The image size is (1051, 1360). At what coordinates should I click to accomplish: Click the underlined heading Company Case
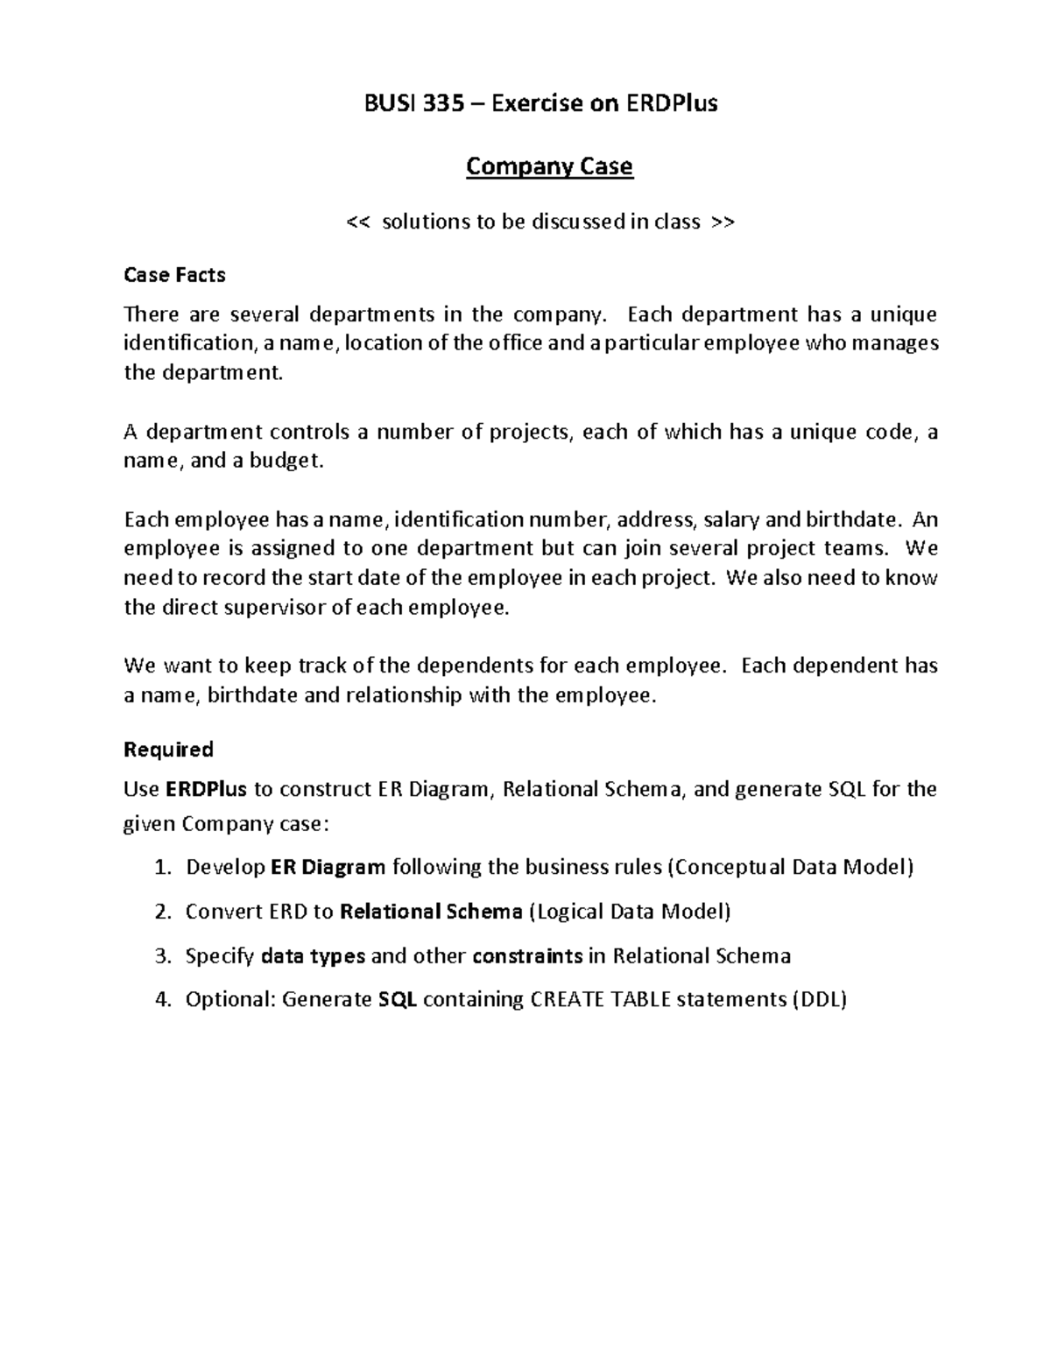549,166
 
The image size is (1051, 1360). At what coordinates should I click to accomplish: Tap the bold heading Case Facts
174,275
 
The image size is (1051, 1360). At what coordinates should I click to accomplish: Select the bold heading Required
168,750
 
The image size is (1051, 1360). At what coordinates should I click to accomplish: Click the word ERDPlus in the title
670,103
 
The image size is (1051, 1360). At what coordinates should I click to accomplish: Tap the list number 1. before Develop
161,868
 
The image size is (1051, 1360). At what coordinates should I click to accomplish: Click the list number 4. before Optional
161,999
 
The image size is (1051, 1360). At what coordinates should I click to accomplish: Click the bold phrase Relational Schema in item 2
431,912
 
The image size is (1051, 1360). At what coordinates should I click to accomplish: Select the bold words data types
313,955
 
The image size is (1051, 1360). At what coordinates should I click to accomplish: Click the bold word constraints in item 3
527,955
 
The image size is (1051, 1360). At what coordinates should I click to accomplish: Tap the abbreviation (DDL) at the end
819,999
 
